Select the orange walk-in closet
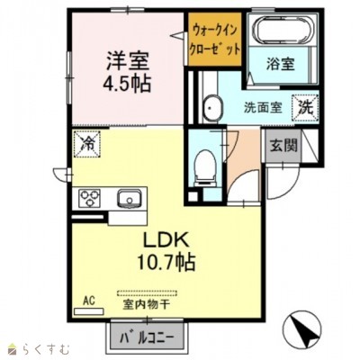coord(215,40)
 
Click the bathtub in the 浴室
coord(281,32)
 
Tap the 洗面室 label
coord(262,106)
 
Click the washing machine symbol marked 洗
coord(306,105)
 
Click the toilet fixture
coord(204,165)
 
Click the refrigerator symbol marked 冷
coord(87,142)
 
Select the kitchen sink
coord(128,197)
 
